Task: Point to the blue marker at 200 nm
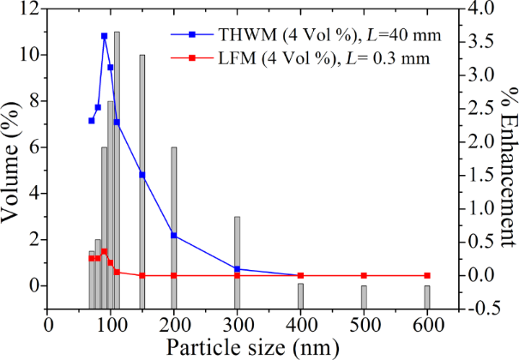pos(174,235)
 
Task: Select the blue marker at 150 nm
pos(142,175)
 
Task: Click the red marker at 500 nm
pos(364,275)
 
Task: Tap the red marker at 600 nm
pos(427,275)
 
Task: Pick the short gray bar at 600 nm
pos(427,297)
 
